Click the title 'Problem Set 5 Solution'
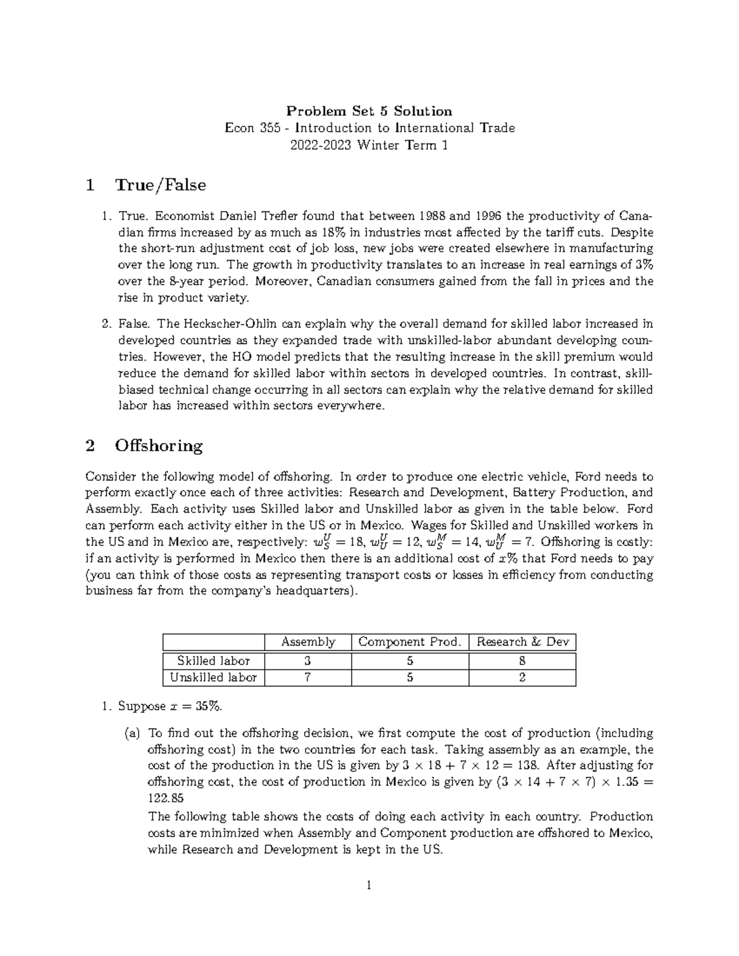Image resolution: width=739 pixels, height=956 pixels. point(369,111)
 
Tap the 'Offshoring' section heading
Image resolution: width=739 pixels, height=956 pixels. point(158,446)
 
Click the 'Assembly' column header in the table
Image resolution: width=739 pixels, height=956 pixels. point(308,642)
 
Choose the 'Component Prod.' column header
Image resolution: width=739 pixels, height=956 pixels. point(410,642)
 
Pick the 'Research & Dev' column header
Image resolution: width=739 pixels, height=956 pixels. point(522,642)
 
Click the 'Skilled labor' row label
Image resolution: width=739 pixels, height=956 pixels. point(213,661)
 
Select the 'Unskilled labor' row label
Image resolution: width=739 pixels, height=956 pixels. point(213,678)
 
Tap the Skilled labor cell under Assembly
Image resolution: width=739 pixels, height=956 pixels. point(307,661)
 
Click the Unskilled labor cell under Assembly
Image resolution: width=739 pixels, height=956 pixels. point(307,678)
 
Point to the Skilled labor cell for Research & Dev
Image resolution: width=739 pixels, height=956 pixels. point(522,661)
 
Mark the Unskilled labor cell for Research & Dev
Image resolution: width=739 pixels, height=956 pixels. point(522,678)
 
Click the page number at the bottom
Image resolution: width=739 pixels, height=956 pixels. point(369,886)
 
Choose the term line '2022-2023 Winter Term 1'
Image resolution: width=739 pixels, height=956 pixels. point(369,145)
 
